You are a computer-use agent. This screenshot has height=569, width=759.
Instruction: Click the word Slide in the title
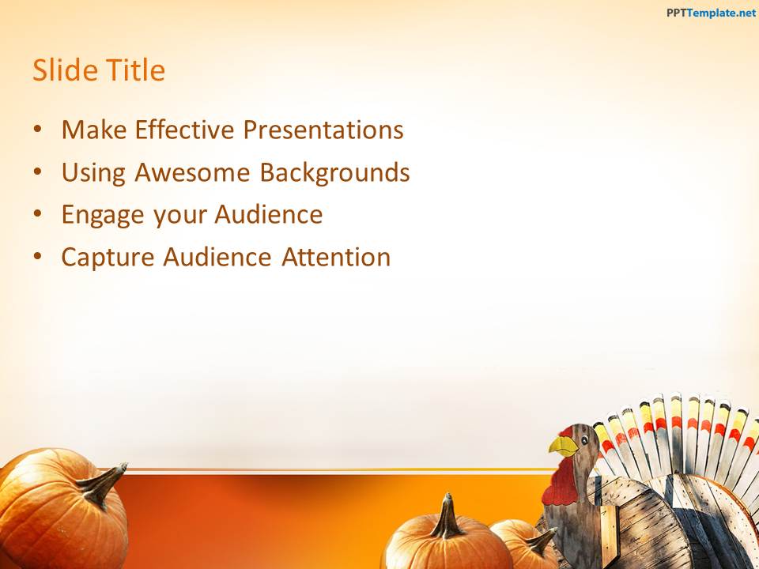pos(65,70)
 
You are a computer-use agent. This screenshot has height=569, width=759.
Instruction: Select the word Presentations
pos(323,129)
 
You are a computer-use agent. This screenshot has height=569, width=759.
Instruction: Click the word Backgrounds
pos(335,172)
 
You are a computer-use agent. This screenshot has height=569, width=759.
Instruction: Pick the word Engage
pos(103,215)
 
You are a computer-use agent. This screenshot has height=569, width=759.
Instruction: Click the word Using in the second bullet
pos(93,173)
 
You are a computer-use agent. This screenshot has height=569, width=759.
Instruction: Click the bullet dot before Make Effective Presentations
pos(38,129)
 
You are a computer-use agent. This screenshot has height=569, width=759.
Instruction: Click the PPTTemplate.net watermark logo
pos(711,13)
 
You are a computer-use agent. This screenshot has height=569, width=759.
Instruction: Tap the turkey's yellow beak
pos(564,446)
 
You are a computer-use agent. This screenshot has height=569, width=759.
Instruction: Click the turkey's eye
pos(585,440)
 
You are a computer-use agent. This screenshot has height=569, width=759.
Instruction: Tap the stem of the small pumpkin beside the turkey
pos(540,542)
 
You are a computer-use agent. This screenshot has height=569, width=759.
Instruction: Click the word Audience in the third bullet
pos(268,214)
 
